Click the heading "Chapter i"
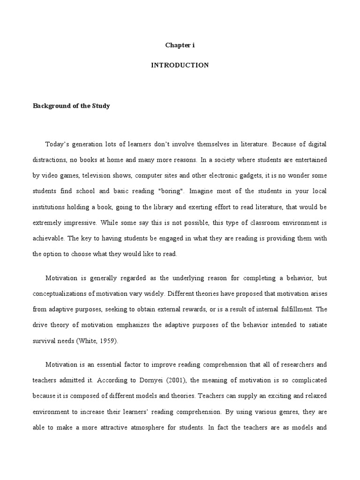tap(180, 45)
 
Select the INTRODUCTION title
tap(180, 65)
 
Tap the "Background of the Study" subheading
tap(71, 106)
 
